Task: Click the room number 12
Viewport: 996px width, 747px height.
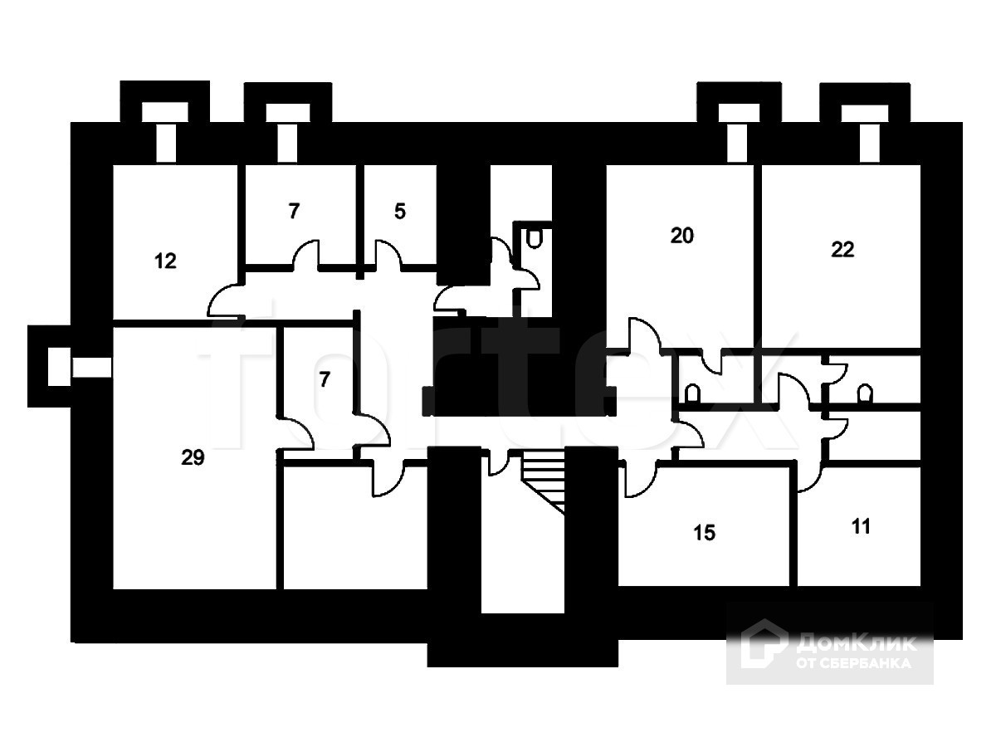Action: coord(166,261)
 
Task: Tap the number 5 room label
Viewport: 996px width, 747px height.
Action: coord(400,211)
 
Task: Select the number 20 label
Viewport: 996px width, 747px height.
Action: coord(681,236)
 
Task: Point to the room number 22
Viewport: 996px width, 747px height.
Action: coord(842,249)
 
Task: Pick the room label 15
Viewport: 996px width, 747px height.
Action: coord(704,532)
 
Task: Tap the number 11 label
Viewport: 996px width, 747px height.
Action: coord(862,526)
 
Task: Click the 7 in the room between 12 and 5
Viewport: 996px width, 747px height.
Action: coord(294,211)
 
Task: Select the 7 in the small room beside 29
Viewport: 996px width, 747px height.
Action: coord(325,380)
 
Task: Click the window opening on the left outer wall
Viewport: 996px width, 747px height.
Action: coord(91,367)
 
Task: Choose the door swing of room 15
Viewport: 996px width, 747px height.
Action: coord(640,480)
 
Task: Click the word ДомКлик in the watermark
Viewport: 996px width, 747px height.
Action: coord(856,643)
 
